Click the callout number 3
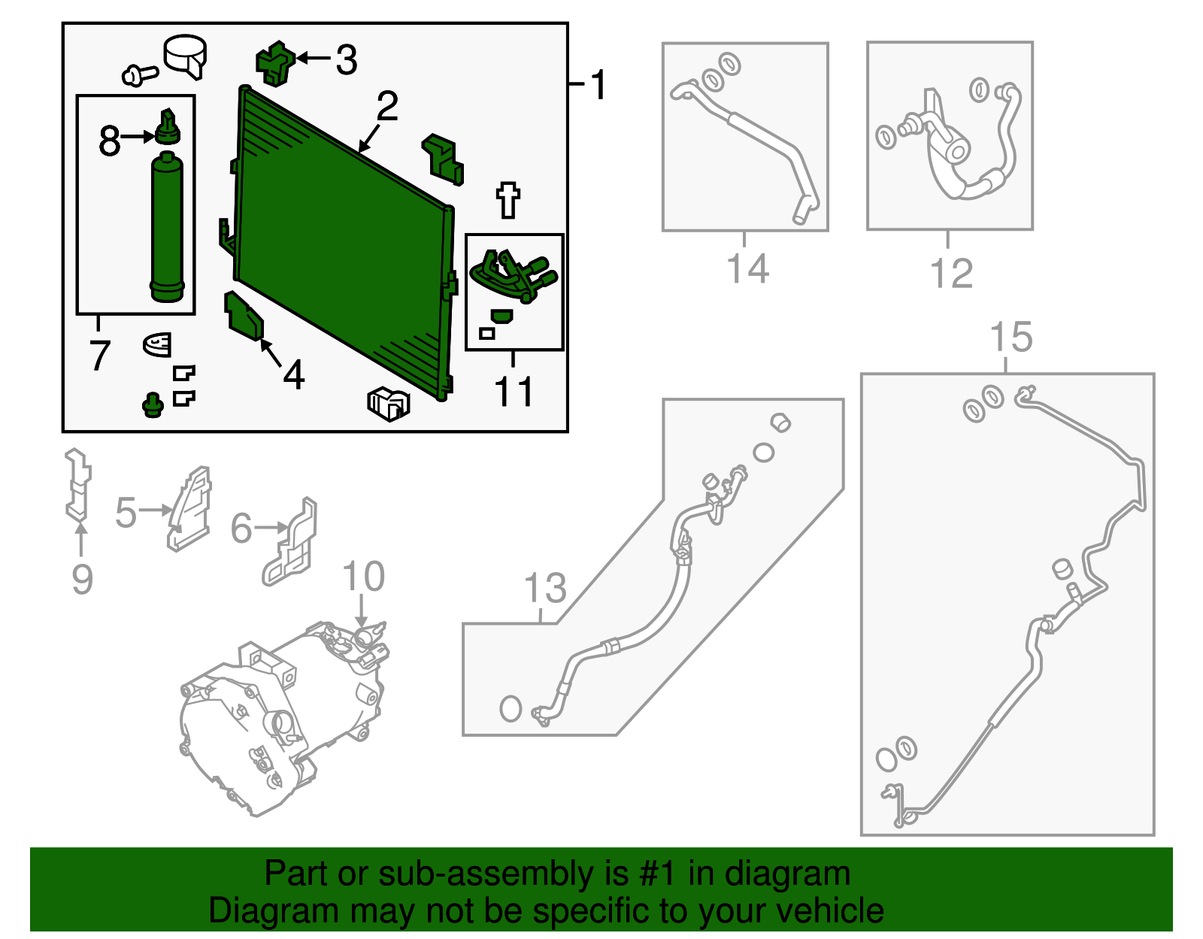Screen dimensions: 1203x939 click(347, 59)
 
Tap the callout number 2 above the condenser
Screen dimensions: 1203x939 click(387, 106)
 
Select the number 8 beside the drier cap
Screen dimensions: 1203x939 click(109, 140)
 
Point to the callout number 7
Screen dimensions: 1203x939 click(100, 355)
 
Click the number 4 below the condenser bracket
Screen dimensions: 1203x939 click(293, 374)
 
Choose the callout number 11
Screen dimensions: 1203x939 click(514, 391)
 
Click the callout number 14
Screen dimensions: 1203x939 click(747, 268)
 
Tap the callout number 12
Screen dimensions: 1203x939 click(951, 273)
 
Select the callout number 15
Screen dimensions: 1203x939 click(1011, 336)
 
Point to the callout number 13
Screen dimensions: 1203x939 click(545, 587)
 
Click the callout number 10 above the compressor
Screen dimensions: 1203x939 click(363, 576)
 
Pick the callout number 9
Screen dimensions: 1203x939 click(82, 580)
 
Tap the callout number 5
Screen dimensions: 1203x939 click(126, 513)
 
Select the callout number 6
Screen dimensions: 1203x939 click(241, 528)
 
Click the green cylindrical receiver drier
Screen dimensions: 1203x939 click(167, 227)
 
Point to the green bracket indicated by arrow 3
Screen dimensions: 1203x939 click(274, 63)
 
